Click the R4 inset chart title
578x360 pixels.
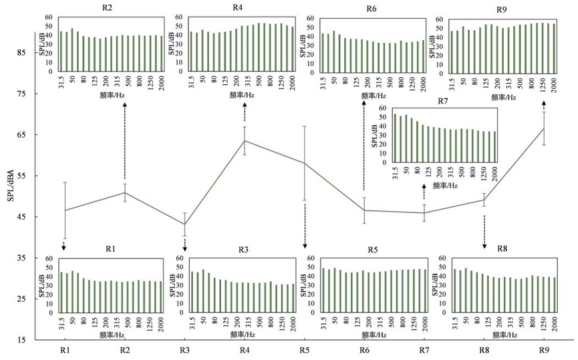[238, 7]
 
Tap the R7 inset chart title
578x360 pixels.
[442, 101]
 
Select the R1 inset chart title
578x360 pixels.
[111, 249]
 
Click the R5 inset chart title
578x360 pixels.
[372, 250]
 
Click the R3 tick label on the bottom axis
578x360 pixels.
[184, 349]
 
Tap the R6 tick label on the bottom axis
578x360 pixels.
[364, 349]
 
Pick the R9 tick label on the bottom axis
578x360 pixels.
[544, 349]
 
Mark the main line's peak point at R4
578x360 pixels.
[245, 141]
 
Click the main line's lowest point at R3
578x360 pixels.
[184, 224]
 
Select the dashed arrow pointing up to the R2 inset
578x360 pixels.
[125, 141]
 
